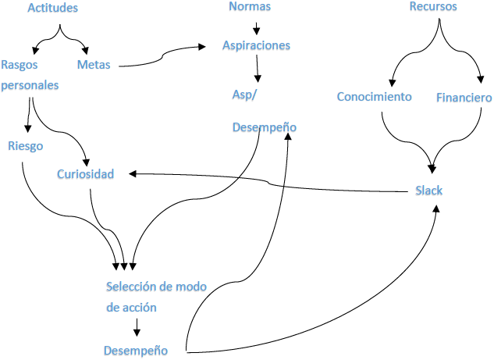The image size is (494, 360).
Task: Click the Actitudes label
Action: (52, 8)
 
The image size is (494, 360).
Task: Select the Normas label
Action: (250, 6)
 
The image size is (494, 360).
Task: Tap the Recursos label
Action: (433, 6)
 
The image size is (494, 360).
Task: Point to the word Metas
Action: (94, 65)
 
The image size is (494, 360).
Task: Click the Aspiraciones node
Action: (256, 45)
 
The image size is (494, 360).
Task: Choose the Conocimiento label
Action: (375, 97)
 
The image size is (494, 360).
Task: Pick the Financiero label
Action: (464, 98)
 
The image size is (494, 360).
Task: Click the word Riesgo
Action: (26, 146)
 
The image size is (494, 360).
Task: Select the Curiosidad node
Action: (85, 174)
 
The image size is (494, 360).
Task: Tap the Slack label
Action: (428, 191)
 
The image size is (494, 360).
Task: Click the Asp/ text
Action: (244, 95)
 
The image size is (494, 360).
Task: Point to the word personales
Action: (30, 85)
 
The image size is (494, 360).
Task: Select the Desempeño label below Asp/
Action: (265, 127)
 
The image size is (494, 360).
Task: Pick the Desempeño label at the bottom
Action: (136, 351)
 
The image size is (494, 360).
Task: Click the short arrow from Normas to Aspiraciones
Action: (257, 28)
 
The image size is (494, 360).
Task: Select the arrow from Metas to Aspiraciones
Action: (162, 56)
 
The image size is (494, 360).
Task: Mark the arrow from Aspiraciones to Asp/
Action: (258, 69)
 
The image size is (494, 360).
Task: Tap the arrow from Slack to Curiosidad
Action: (268, 182)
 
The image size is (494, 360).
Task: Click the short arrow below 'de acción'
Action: (137, 327)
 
